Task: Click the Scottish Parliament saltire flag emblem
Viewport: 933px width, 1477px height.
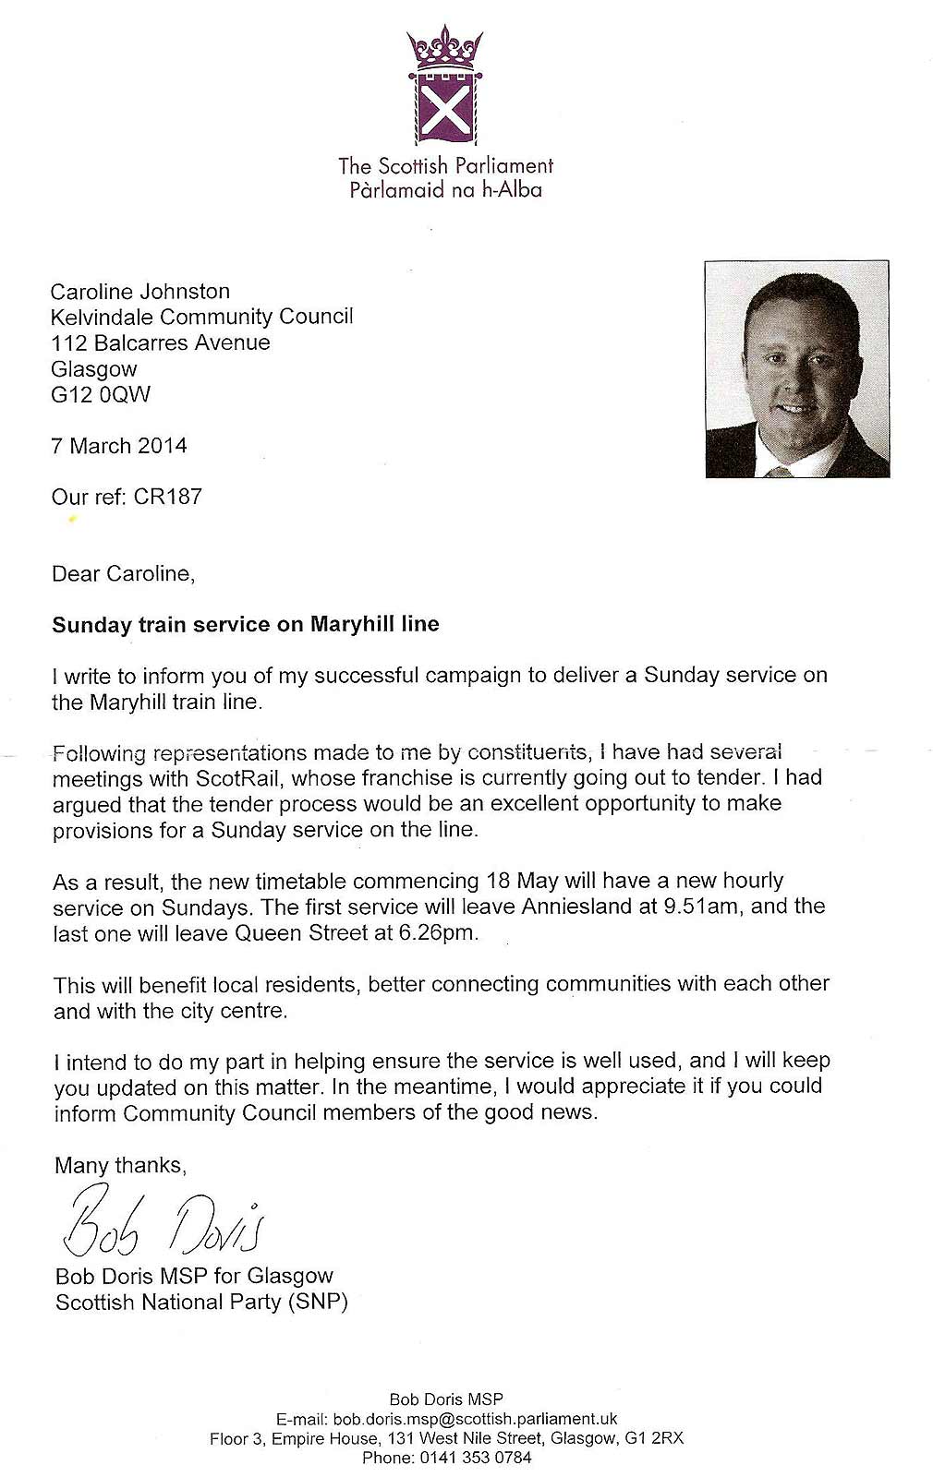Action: [445, 110]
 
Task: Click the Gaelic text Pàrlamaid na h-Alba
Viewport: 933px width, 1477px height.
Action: [445, 191]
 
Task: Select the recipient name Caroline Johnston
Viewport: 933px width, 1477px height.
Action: [140, 292]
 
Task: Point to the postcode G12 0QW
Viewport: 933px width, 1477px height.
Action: [101, 395]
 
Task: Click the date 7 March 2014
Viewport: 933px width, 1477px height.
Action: [119, 446]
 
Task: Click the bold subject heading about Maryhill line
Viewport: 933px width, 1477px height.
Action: [246, 625]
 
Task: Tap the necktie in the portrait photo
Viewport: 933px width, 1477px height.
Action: [781, 472]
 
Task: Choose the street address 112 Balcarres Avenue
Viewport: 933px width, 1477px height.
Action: [161, 343]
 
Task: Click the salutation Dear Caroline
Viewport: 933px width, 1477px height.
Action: [123, 574]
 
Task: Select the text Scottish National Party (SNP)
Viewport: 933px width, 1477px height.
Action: [202, 1303]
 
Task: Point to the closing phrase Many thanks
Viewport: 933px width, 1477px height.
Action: [120, 1166]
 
